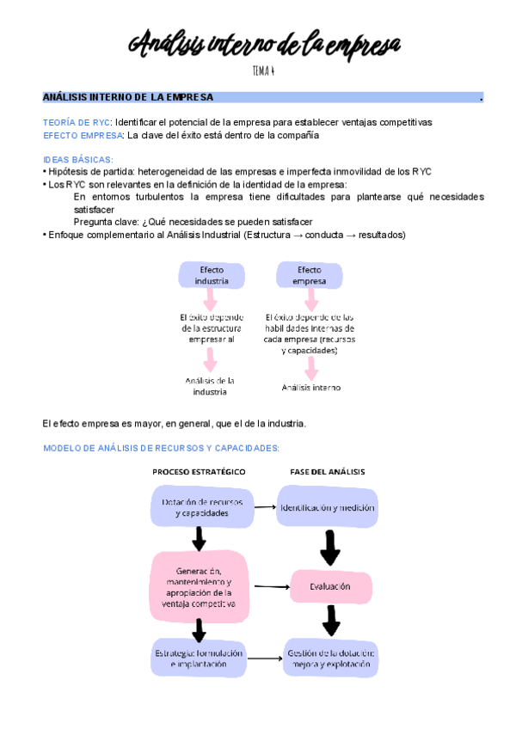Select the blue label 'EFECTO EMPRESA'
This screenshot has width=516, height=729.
tap(83, 135)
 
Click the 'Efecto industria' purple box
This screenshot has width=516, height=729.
tap(212, 275)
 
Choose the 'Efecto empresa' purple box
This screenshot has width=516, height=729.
tap(310, 275)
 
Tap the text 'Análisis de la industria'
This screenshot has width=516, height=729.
tap(211, 386)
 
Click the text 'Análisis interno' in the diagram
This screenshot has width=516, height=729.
tap(311, 388)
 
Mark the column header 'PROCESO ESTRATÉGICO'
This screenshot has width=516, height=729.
tap(199, 472)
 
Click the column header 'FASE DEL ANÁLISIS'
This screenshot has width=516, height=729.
tap(326, 472)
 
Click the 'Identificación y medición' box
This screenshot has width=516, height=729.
tap(327, 507)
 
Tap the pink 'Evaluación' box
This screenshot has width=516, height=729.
tap(330, 586)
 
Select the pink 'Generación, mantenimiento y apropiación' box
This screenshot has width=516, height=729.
tap(199, 587)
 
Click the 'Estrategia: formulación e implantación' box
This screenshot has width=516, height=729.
tap(199, 658)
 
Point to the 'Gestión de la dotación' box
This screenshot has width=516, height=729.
tap(330, 658)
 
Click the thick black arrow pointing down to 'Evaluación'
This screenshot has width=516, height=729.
tap(329, 546)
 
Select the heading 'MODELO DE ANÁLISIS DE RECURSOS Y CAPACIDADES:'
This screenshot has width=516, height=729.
tap(161, 449)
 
